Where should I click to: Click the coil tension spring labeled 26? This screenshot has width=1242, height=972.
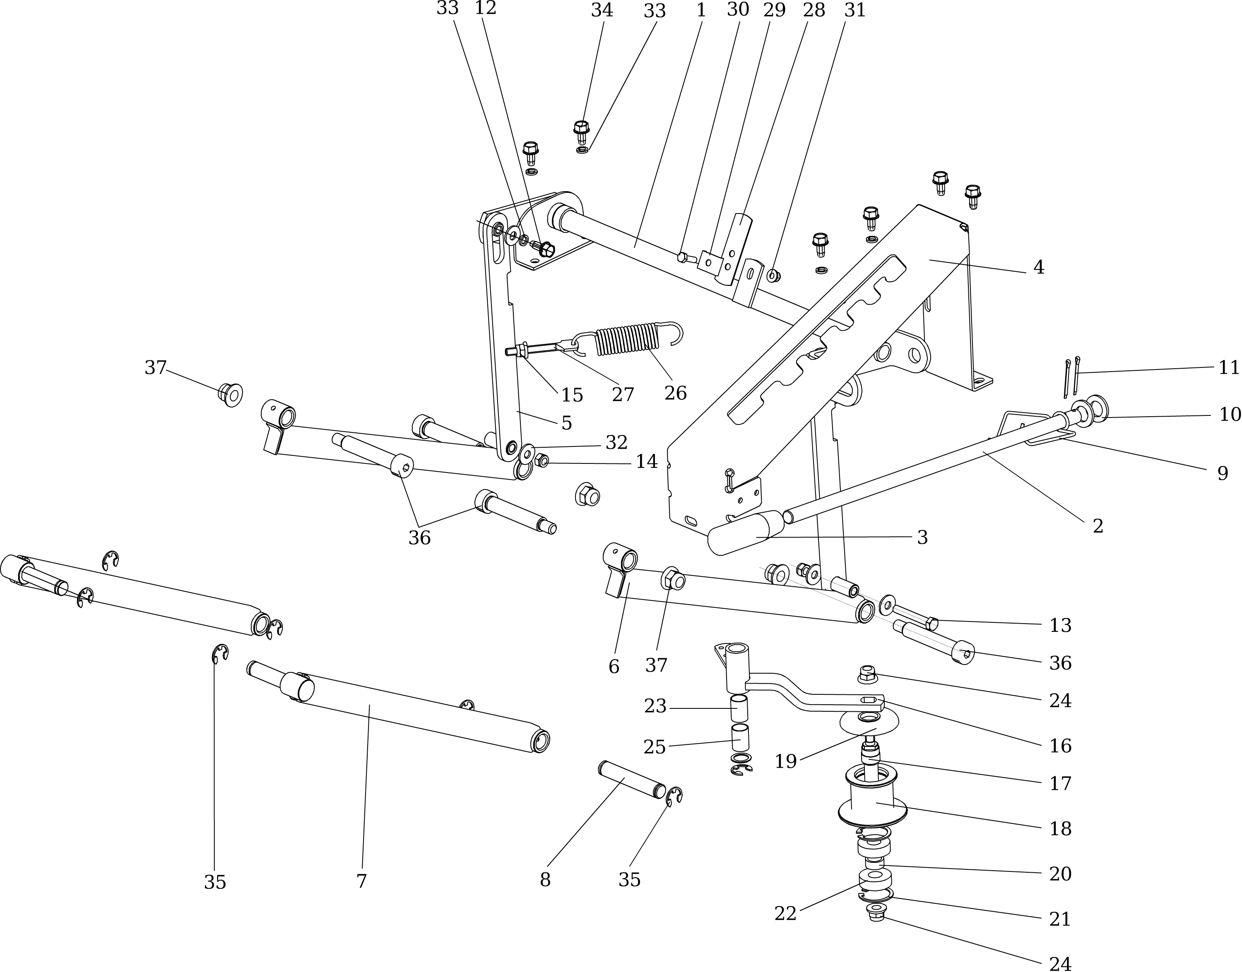pos(626,340)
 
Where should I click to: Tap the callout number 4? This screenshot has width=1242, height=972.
pos(1039,267)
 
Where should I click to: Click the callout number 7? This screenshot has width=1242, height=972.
pos(361,881)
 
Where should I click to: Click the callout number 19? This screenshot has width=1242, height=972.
pos(785,761)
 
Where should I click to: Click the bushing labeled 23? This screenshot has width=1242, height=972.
pos(739,708)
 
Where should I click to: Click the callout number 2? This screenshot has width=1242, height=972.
pos(1098,526)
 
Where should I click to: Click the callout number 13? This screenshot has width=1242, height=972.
pos(1060,625)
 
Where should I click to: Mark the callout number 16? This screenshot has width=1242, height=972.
pos(1060,746)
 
